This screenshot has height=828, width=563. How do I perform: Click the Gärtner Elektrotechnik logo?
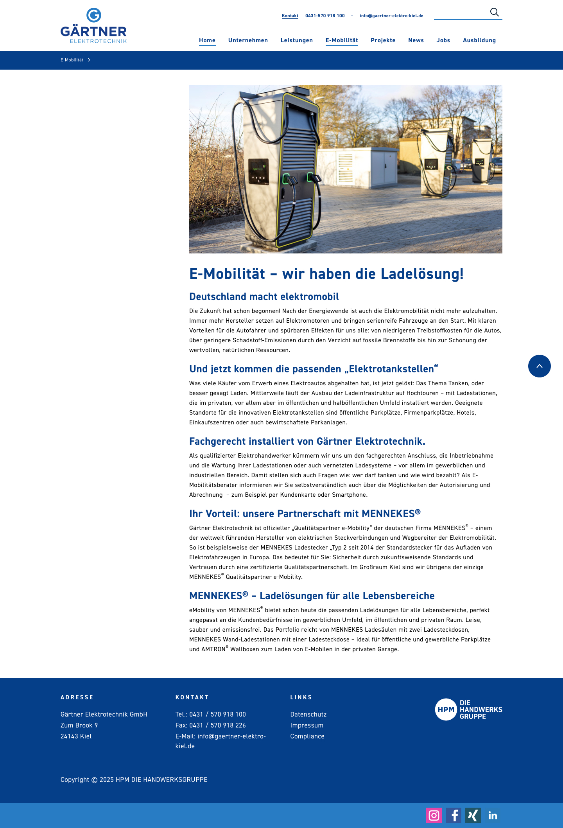point(93,26)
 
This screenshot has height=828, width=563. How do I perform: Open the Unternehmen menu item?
point(248,40)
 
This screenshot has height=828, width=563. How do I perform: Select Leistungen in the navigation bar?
point(296,40)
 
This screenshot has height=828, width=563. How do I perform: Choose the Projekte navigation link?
point(383,40)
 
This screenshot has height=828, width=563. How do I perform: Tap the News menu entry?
point(416,40)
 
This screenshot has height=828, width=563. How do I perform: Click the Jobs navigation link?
point(443,40)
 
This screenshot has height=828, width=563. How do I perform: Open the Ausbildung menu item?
point(479,40)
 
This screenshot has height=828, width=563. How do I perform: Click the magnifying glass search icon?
point(494,13)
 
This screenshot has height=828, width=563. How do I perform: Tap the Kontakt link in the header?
point(290,16)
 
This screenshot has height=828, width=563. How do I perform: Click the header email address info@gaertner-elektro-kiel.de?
point(391,16)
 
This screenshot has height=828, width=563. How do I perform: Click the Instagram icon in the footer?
point(434,815)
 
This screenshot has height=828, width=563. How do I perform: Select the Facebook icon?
point(454,815)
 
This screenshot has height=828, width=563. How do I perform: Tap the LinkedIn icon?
point(493,815)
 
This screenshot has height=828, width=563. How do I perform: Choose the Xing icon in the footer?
point(473,815)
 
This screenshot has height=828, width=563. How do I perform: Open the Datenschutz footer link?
point(308,714)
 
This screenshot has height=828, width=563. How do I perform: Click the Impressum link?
point(307,725)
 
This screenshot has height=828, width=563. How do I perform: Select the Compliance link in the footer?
point(307,736)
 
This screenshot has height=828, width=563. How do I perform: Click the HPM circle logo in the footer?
point(446,709)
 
